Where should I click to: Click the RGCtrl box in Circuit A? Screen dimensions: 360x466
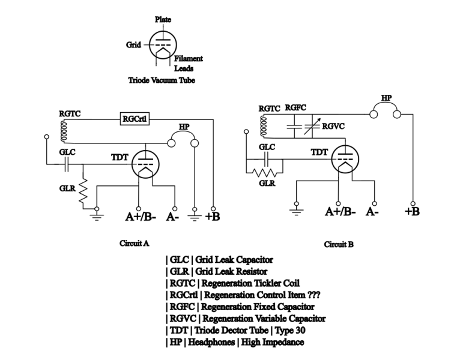coord(135,119)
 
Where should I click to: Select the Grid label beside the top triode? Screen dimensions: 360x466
coord(133,44)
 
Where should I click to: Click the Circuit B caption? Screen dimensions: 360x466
coord(339,244)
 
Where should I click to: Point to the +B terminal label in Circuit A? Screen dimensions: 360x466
coord(213,216)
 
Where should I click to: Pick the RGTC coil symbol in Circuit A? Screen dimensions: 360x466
coord(61,130)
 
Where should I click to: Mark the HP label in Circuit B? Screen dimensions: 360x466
coord(387,96)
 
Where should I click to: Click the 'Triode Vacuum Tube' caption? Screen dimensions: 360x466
coord(162,80)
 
